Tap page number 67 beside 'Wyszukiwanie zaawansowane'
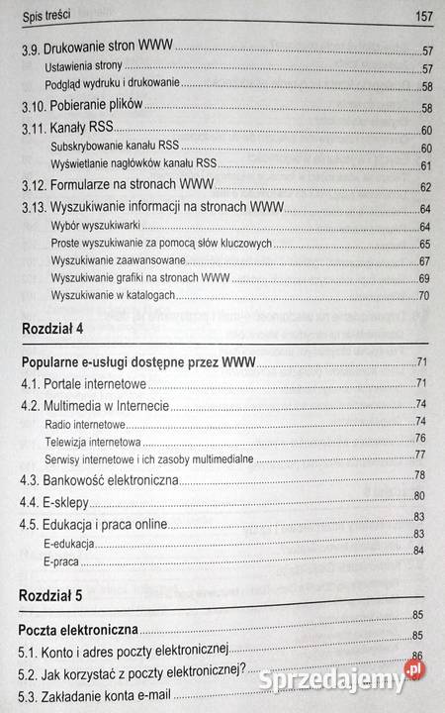click(x=425, y=260)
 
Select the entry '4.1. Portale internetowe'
click(x=83, y=384)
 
